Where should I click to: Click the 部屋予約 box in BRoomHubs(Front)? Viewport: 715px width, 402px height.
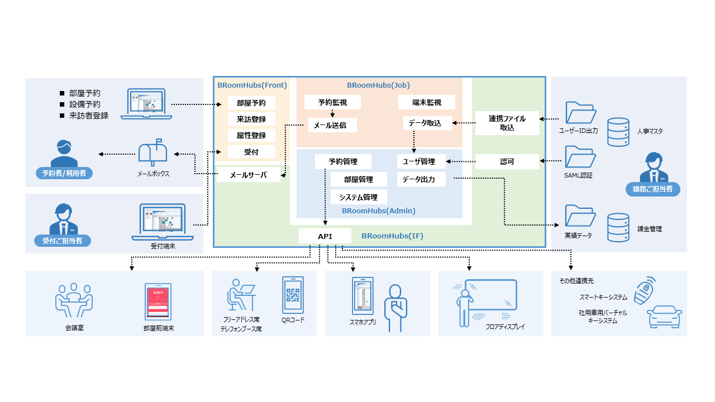point(251,103)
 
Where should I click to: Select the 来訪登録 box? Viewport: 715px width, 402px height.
point(251,119)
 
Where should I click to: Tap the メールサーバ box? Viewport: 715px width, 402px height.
point(249,175)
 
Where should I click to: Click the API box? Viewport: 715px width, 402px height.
point(325,236)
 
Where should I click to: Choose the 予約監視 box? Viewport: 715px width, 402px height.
point(332,103)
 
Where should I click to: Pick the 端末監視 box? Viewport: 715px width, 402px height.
point(427,103)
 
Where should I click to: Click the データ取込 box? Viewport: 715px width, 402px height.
point(427,123)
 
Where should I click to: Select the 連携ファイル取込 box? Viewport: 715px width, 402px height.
point(507,123)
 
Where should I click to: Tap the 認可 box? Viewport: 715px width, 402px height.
point(507,162)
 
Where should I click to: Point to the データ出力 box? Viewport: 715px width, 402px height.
point(422,179)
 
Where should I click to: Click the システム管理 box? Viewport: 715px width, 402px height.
point(358,197)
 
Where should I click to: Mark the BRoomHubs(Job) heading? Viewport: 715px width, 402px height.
point(378,85)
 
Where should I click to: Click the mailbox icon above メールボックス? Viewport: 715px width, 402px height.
point(152,152)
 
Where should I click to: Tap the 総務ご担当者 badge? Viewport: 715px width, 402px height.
point(652,189)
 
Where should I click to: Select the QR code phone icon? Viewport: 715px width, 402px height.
point(293,295)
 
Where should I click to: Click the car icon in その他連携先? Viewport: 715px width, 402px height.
point(665,317)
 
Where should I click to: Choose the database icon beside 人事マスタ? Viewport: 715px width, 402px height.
point(618,132)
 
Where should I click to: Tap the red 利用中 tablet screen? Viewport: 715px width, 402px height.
point(158,301)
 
